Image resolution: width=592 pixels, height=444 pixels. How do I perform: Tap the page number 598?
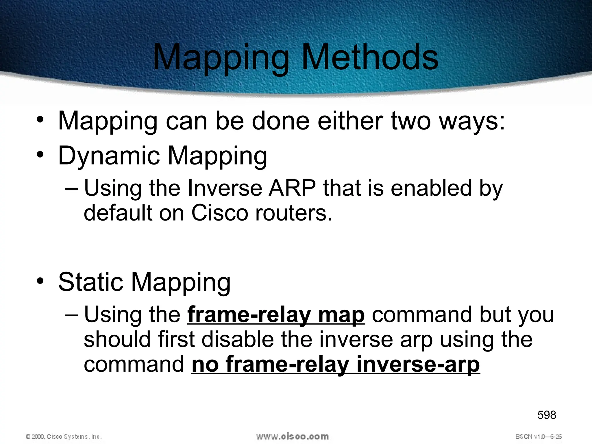[x=547, y=415]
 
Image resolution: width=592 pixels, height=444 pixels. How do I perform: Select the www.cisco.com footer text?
[x=292, y=436]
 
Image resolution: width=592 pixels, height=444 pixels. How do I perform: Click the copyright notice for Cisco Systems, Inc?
[x=64, y=436]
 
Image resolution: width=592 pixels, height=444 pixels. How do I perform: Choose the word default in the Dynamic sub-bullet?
[x=118, y=213]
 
